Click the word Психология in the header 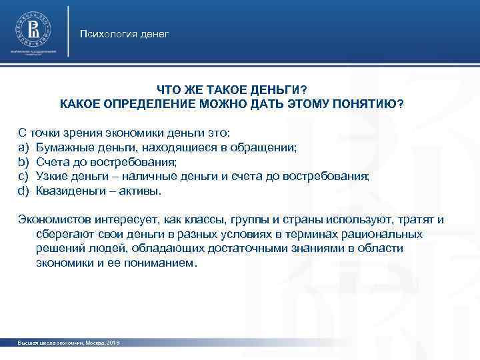point(104,33)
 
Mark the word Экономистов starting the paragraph point(52,219)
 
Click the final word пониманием point(160,263)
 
